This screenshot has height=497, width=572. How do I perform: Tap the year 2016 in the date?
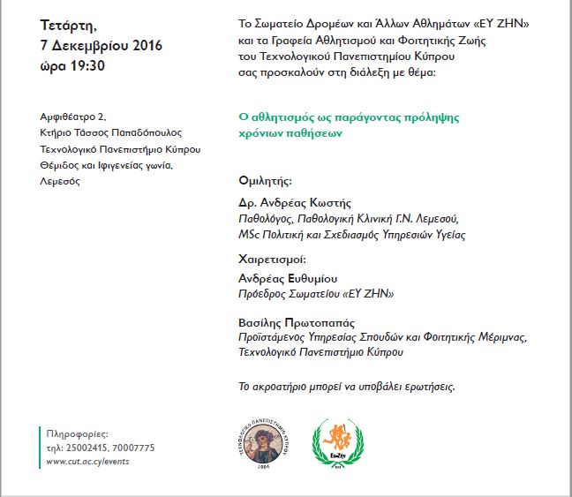click(x=139, y=44)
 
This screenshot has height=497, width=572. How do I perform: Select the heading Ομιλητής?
click(x=266, y=180)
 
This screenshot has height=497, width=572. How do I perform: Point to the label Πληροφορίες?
click(x=76, y=435)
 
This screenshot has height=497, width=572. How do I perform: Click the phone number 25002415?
click(x=87, y=448)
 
